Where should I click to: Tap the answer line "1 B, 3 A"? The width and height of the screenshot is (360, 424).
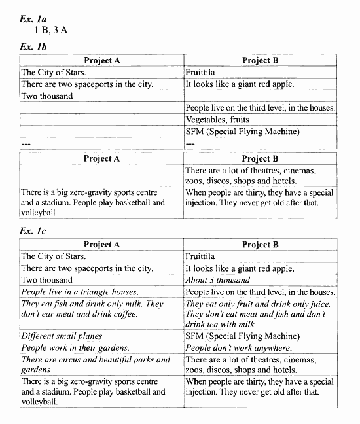click(51, 31)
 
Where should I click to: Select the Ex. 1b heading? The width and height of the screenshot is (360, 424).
click(33, 47)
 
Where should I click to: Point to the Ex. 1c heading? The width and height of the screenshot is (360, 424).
click(33, 231)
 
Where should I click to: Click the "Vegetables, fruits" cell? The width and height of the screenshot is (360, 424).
click(217, 120)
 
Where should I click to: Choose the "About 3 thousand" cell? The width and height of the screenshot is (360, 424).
click(217, 280)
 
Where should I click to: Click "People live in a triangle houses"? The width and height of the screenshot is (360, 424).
click(79, 292)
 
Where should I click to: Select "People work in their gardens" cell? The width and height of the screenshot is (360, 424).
click(75, 348)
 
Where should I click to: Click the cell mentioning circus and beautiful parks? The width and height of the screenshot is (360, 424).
click(96, 364)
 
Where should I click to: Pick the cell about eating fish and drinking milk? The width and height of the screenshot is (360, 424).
click(92, 309)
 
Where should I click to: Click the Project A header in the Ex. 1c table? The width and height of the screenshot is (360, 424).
click(102, 245)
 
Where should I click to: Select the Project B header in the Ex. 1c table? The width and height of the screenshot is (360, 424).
click(260, 245)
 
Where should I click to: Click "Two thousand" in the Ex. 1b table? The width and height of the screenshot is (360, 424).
click(47, 96)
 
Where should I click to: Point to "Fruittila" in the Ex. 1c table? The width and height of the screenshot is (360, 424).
click(200, 256)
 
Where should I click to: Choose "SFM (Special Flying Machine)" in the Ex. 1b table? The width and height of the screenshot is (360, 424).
click(242, 132)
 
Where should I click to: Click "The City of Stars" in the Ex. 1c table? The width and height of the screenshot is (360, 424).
click(54, 256)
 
